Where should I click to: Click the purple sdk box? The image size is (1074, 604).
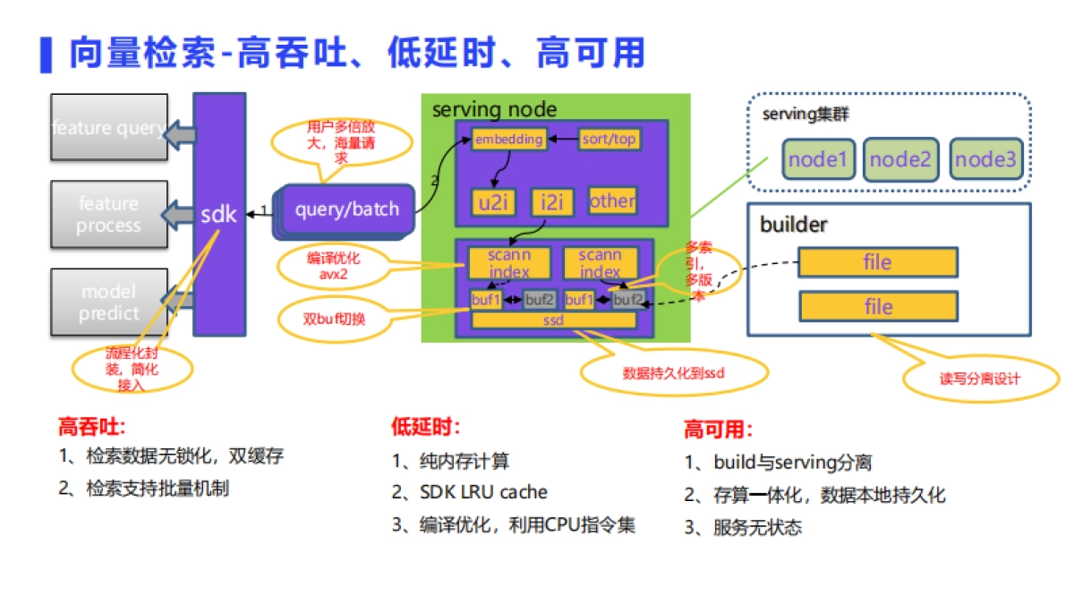(x=219, y=215)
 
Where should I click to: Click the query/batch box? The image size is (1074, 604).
(x=347, y=210)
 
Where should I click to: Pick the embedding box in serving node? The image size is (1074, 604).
(x=508, y=140)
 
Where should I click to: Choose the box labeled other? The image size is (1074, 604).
(x=612, y=200)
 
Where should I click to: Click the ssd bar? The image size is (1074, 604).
(x=554, y=320)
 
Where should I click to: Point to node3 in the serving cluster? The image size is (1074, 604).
(x=985, y=160)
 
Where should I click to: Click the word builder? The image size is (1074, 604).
(x=793, y=225)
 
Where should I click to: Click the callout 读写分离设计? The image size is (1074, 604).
(x=979, y=378)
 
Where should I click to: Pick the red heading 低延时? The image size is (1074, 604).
(x=425, y=427)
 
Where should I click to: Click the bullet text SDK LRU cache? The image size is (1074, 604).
(x=483, y=492)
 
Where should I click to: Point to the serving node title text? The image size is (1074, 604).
(x=494, y=110)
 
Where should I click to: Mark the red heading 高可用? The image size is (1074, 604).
(x=718, y=430)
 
